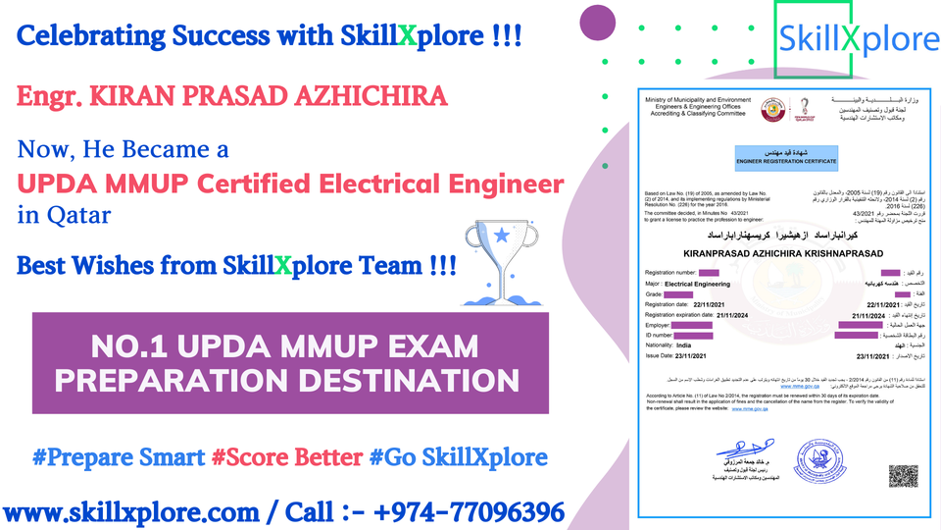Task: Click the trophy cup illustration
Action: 503,259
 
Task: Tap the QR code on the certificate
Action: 903,476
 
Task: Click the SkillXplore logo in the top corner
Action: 857,39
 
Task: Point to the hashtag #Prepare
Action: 118,456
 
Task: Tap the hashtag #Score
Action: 259,456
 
